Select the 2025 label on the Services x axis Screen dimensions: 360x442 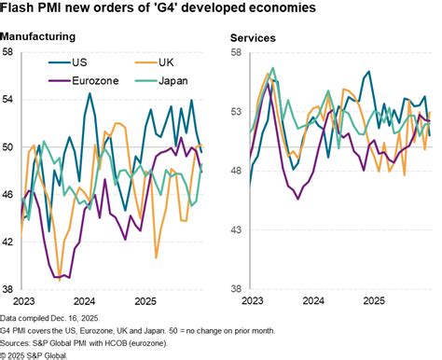(373, 300)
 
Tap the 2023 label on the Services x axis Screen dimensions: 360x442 (252, 300)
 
